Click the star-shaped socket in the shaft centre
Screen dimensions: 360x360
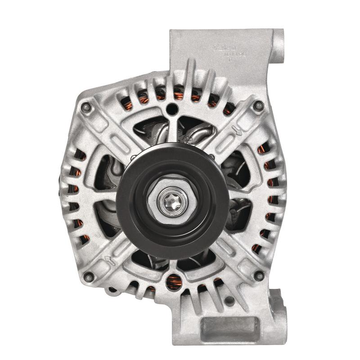pyautogui.click(x=172, y=201)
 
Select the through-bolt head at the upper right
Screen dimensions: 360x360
pyautogui.click(x=258, y=106)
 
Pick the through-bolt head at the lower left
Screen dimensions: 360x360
pyautogui.click(x=89, y=276)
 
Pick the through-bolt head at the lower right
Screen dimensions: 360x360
pyautogui.click(x=259, y=275)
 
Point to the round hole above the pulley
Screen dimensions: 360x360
pyautogui.click(x=172, y=109)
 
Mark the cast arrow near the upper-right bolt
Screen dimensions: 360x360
pyautogui.click(x=237, y=130)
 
